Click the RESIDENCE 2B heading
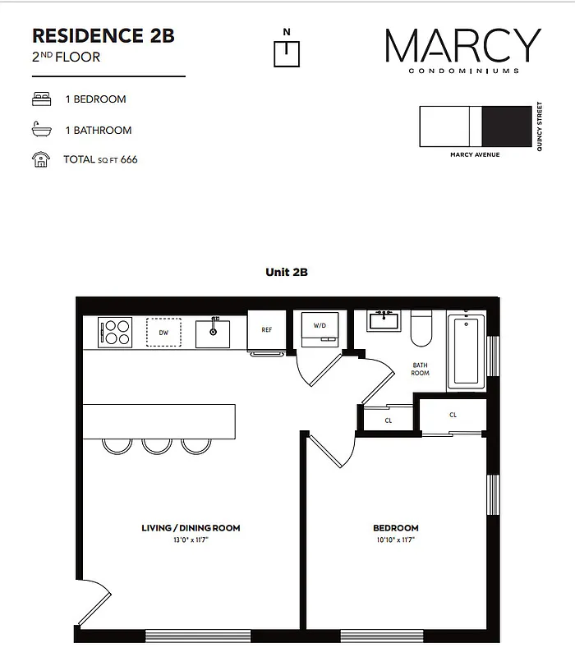tap(103, 36)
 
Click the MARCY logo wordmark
tap(463, 46)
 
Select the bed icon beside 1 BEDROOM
tap(39, 99)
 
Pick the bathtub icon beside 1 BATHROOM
tap(39, 130)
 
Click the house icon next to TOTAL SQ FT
tap(39, 159)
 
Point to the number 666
tap(129, 159)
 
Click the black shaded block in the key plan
tap(506, 126)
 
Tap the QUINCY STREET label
tap(540, 126)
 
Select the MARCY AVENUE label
tap(475, 154)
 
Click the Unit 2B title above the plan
tap(286, 272)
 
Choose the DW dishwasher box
tap(164, 333)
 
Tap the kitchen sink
tap(213, 333)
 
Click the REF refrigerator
tap(266, 330)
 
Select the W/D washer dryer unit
tap(319, 327)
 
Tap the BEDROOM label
tap(395, 528)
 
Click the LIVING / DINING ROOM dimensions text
tap(191, 540)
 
